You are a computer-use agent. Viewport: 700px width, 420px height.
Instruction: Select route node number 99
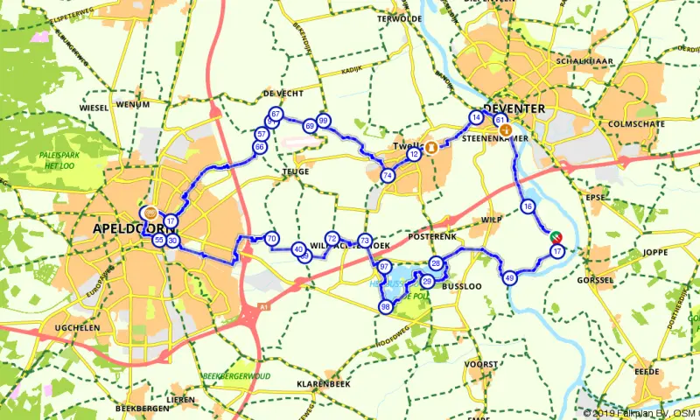pyautogui.click(x=324, y=121)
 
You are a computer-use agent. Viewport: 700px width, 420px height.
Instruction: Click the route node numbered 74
pyautogui.click(x=388, y=176)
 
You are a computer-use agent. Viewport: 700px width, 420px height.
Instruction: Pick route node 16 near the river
pyautogui.click(x=527, y=206)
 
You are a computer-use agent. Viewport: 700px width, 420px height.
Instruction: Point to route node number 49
pyautogui.click(x=509, y=278)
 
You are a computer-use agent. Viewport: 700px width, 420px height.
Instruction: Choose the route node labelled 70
pyautogui.click(x=272, y=238)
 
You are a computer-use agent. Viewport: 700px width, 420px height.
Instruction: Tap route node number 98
pyautogui.click(x=385, y=306)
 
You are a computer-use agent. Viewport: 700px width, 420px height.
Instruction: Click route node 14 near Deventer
pyautogui.click(x=476, y=117)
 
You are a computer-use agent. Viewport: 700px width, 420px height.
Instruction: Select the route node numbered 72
pyautogui.click(x=332, y=238)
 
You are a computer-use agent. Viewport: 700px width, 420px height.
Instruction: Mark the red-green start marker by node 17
pyautogui.click(x=555, y=236)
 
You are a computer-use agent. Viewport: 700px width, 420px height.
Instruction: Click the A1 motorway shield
pyautogui.click(x=262, y=308)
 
